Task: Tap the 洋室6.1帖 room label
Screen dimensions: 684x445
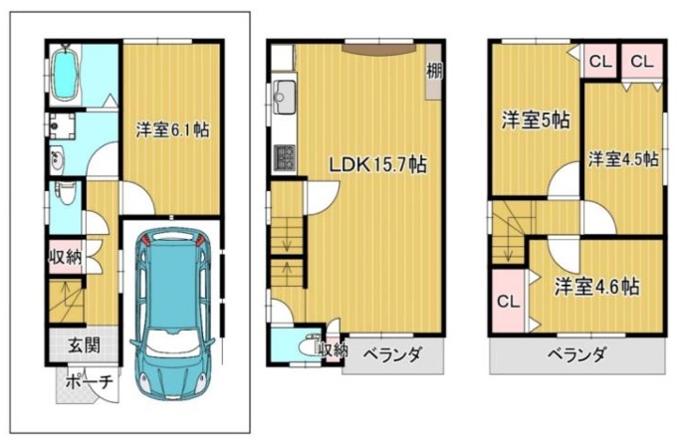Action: click(173, 130)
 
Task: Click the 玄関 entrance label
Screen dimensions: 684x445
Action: click(84, 345)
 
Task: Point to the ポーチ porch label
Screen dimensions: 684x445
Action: click(89, 382)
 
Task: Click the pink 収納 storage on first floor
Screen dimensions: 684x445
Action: click(66, 257)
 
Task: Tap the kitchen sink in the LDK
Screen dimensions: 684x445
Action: click(284, 97)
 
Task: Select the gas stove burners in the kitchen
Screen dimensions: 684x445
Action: click(284, 158)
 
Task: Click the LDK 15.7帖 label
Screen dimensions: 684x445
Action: click(377, 165)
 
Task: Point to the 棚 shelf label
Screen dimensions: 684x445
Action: click(434, 71)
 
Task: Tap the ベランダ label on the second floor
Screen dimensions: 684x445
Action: click(392, 354)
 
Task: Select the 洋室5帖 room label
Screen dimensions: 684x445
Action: click(536, 120)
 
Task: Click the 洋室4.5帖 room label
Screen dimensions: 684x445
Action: click(623, 159)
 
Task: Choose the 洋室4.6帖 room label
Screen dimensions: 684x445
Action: click(597, 287)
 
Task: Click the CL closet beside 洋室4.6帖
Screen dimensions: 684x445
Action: click(508, 302)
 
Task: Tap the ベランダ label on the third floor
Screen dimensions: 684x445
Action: click(576, 355)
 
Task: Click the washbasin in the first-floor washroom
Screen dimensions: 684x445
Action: click(57, 160)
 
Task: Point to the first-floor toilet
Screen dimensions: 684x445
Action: click(66, 193)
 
